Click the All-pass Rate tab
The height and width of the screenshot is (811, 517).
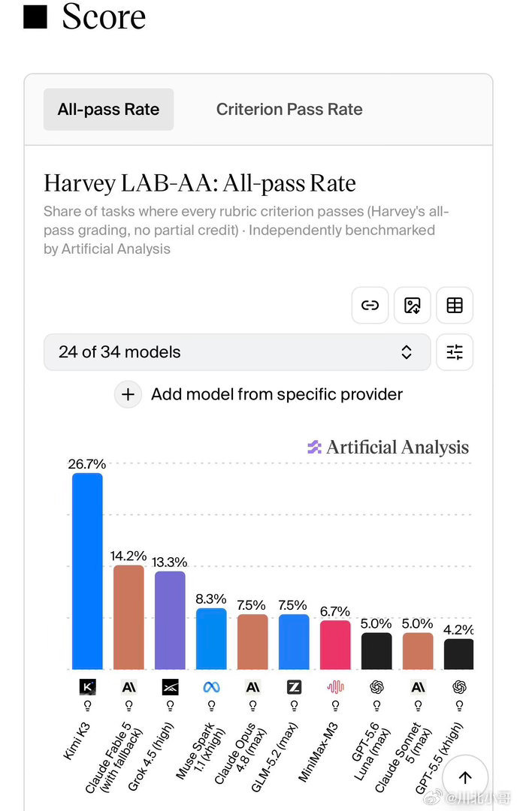tap(108, 109)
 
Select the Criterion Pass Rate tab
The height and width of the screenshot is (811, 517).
tap(289, 109)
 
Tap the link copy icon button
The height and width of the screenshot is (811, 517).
tap(370, 305)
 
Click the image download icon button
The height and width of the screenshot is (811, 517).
tap(413, 305)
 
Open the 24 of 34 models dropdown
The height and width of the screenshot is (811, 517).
tap(237, 352)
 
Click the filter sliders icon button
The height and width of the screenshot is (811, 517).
tap(455, 352)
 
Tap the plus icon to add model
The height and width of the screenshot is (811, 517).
tap(128, 395)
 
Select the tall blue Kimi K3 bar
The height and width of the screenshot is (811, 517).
tap(87, 571)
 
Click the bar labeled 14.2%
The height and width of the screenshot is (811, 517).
tap(128, 617)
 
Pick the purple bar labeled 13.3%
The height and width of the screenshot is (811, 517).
tap(170, 620)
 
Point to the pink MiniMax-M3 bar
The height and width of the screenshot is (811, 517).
tap(335, 645)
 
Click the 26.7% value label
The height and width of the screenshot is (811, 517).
tap(87, 464)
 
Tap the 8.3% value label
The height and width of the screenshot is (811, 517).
tap(211, 599)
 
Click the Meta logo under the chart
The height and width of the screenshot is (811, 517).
tap(211, 687)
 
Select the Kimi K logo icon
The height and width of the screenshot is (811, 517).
tap(87, 687)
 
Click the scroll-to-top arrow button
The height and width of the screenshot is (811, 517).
tap(465, 777)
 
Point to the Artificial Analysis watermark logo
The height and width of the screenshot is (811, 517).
tap(315, 447)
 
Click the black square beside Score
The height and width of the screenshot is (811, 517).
tap(35, 17)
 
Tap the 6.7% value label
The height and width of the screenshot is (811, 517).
tap(335, 611)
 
